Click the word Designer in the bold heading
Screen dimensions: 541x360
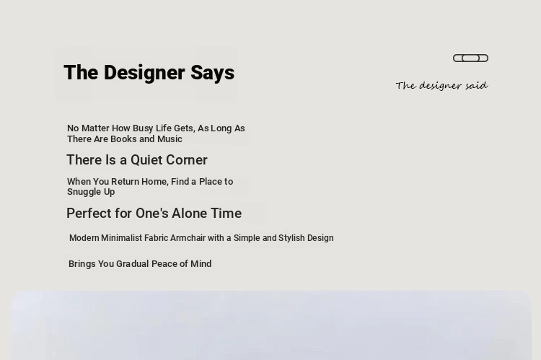tap(144, 72)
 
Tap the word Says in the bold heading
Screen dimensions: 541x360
tap(212, 73)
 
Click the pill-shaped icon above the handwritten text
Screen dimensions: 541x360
tap(470, 58)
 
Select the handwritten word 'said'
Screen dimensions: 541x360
tap(477, 85)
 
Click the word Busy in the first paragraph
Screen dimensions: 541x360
tap(143, 128)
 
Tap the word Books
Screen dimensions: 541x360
tap(123, 139)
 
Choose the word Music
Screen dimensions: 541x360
tap(170, 139)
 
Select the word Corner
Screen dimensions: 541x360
tap(187, 160)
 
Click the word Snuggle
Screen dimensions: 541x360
tap(84, 192)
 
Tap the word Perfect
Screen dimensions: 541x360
tap(88, 214)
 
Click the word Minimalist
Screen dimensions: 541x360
tap(121, 238)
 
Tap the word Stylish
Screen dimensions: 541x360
tap(291, 238)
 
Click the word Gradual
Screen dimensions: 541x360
tap(133, 264)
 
